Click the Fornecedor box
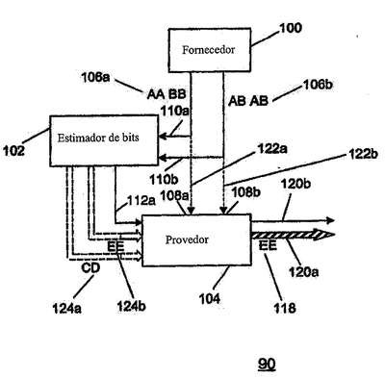point(210,50)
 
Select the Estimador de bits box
point(104,140)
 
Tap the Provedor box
point(196,240)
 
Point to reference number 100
point(291,28)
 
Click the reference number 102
point(13,150)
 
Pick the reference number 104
point(210,299)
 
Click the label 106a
point(95,78)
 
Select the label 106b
point(318,85)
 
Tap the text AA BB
point(167,94)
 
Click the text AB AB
point(248,101)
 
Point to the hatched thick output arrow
point(294,235)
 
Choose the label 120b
point(295,184)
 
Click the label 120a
point(303,272)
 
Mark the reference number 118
point(285,308)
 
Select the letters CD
point(90,268)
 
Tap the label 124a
point(67,309)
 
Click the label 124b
point(131,307)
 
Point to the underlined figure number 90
point(267,365)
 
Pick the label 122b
point(364,155)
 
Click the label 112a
point(141,201)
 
